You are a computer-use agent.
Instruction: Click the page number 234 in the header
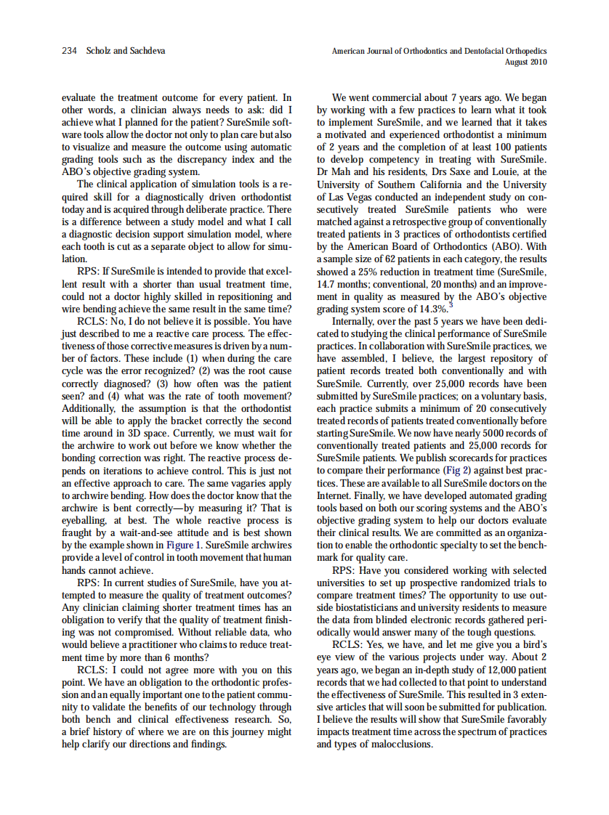pyautogui.click(x=70, y=51)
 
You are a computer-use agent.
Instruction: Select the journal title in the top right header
pyautogui.click(x=439, y=51)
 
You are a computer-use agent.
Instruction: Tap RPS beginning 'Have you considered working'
pyautogui.click(x=345, y=569)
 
